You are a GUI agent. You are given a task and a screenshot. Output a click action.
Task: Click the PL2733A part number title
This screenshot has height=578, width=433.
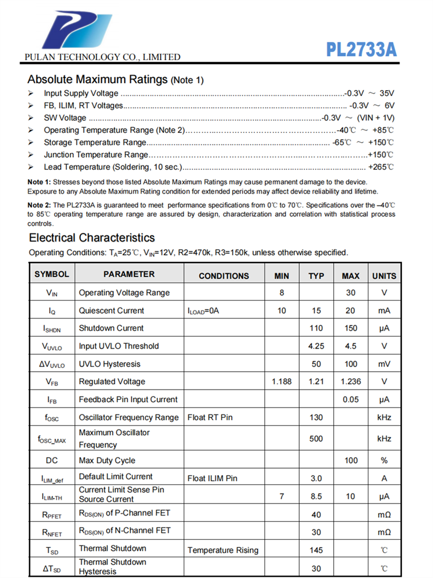[361, 49]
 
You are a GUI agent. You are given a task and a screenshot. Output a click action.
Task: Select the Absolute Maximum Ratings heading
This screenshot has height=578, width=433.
[115, 79]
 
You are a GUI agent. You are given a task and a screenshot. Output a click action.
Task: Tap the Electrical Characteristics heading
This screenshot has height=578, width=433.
[92, 238]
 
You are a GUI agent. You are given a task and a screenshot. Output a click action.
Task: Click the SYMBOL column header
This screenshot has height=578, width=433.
[51, 275]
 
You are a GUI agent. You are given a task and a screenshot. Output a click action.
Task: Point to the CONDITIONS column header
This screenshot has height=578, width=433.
[224, 276]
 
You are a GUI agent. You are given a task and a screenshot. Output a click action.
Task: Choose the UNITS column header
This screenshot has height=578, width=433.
[384, 276]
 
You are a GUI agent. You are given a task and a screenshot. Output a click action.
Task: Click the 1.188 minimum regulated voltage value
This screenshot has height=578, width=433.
[282, 381]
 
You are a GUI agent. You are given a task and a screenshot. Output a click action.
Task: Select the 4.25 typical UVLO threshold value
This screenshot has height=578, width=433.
[316, 346]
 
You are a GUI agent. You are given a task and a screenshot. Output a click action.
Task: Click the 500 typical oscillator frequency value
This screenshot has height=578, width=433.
[316, 439]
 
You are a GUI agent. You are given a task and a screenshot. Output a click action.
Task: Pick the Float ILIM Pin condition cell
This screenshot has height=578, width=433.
[212, 478]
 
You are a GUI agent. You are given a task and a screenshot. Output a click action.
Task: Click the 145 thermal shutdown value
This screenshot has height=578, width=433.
[316, 550]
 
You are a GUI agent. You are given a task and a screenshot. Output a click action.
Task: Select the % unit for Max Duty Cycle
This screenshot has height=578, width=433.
[384, 461]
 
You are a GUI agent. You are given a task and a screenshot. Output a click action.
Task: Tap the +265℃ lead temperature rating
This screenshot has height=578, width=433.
[381, 167]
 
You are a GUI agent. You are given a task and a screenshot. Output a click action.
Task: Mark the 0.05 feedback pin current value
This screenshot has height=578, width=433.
[350, 399]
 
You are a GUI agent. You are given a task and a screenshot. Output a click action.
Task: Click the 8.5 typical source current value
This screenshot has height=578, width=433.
[316, 496]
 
